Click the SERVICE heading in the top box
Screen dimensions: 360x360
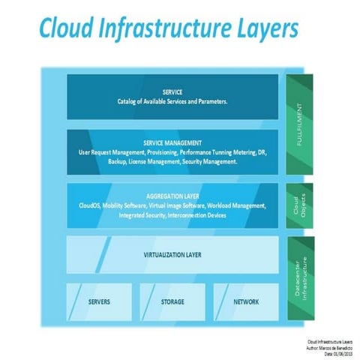[x=172, y=92]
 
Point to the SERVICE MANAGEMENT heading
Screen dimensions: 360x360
[x=172, y=142]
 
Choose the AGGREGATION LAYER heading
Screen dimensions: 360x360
[x=172, y=196]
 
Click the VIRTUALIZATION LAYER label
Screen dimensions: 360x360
[x=172, y=255]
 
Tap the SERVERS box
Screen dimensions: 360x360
[x=100, y=302]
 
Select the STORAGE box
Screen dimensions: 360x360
[x=172, y=302]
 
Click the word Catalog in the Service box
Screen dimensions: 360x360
[x=129, y=102]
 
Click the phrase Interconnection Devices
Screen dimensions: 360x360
[x=200, y=215]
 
